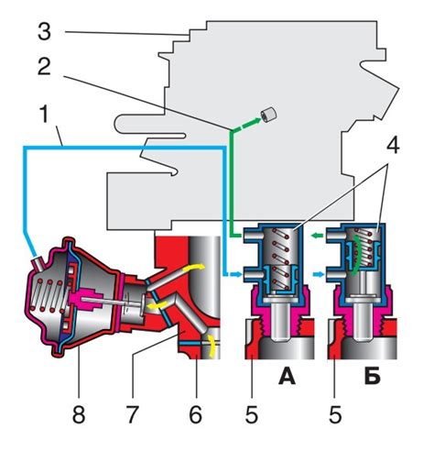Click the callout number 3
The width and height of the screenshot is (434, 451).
(x=44, y=32)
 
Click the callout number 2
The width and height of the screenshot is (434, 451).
(x=44, y=67)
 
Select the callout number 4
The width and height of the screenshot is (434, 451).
(x=393, y=146)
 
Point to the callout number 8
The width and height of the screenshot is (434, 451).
(x=79, y=414)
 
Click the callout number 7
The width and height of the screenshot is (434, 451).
(x=132, y=414)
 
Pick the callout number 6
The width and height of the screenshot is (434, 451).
(x=195, y=414)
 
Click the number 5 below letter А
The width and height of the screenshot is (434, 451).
(x=252, y=414)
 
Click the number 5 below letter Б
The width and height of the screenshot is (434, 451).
(x=335, y=414)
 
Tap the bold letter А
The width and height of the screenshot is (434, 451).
(x=287, y=376)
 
